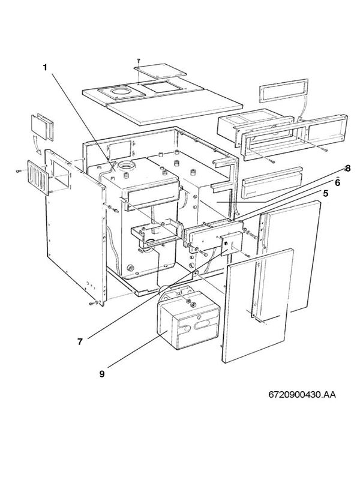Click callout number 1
pyautogui.click(x=45, y=67)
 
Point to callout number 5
pyautogui.click(x=325, y=194)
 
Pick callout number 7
pyautogui.click(x=80, y=341)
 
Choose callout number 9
pyautogui.click(x=103, y=373)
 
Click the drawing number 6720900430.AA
pyautogui.click(x=302, y=395)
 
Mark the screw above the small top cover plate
pyautogui.click(x=138, y=60)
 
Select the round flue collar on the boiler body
pyautogui.click(x=127, y=166)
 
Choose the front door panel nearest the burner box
pyautogui.click(x=257, y=306)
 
